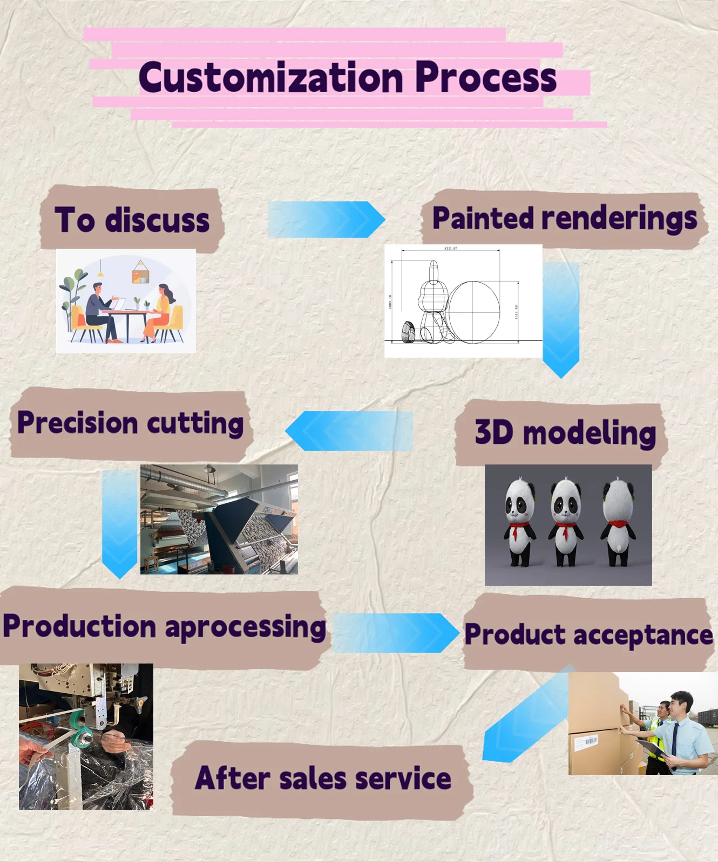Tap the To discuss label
(x=132, y=220)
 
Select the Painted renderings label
(x=564, y=218)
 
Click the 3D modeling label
(x=565, y=433)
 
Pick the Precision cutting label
(x=130, y=423)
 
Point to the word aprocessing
(x=245, y=627)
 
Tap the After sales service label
(x=323, y=778)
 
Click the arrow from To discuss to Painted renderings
(x=326, y=220)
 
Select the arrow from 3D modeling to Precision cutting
(x=349, y=431)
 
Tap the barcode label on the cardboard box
(x=586, y=742)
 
